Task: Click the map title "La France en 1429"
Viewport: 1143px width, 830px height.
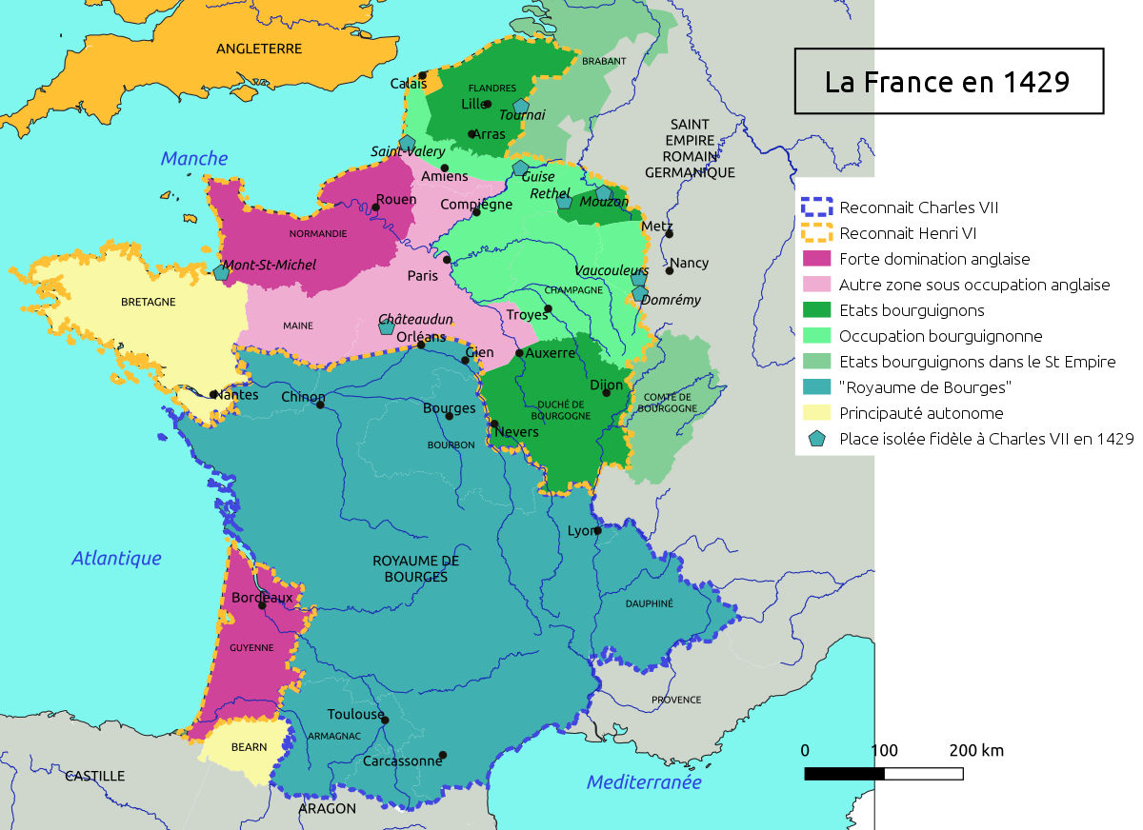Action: [x=948, y=82]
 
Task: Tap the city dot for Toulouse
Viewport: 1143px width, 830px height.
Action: [x=385, y=721]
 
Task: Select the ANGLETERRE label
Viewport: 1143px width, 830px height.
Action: [x=259, y=49]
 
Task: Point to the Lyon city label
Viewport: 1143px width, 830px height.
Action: [x=580, y=531]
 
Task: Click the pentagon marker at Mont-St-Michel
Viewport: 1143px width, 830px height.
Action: [x=222, y=272]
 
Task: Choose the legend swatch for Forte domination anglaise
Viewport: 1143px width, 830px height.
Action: [x=817, y=259]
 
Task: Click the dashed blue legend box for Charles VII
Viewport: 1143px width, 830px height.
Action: [x=817, y=207]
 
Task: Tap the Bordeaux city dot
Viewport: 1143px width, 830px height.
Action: [x=263, y=605]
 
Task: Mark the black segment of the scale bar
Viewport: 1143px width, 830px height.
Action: [x=845, y=774]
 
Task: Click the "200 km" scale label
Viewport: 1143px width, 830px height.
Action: [x=976, y=751]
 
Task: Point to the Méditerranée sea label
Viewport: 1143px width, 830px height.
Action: [x=644, y=782]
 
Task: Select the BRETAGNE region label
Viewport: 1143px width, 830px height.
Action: [x=149, y=302]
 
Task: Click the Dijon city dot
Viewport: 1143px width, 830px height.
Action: [x=606, y=393]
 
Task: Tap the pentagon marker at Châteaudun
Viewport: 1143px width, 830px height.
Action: [x=386, y=327]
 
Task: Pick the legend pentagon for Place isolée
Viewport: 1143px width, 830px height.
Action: [x=817, y=439]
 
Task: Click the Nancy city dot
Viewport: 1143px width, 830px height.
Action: [x=670, y=270]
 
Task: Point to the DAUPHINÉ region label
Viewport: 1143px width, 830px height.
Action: [x=650, y=603]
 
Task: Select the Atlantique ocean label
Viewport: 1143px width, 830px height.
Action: [x=116, y=559]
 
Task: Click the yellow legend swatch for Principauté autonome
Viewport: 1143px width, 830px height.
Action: [x=817, y=413]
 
